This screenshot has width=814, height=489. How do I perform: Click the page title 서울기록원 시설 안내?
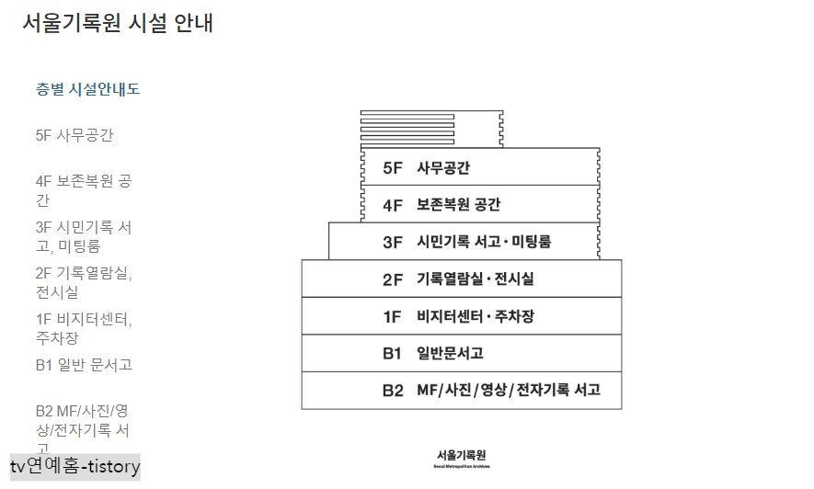pos(118,23)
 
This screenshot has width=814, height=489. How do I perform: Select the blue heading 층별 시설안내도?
pos(87,89)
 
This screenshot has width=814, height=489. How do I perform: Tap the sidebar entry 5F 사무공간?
pos(75,135)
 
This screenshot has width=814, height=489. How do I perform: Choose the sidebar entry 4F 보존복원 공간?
pos(83,190)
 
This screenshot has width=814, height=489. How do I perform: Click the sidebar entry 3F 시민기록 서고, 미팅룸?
pos(83,236)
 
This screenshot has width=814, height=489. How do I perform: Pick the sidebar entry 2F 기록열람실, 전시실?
pos(83,282)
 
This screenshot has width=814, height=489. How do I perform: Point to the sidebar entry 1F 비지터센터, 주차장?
pos(83,328)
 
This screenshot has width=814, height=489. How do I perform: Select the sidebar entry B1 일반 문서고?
pos(84,364)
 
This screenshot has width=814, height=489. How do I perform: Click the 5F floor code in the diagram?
pos(393,168)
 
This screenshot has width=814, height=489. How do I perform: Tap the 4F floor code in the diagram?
pos(393,205)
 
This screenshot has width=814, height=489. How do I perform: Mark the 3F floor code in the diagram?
pos(393,243)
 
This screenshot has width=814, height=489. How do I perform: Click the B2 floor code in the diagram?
pos(393,391)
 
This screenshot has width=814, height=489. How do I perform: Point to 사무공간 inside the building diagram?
pos(443,168)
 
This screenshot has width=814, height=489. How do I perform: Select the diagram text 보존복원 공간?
pos(458,205)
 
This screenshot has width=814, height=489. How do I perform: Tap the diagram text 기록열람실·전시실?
pos(475,279)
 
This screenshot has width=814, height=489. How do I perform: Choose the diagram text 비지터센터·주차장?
pos(475,317)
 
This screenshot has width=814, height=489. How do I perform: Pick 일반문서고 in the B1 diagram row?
pos(450,354)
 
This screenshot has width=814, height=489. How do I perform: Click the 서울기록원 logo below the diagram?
pos(462,457)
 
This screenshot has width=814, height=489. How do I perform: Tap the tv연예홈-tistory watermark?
pos(75,467)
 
